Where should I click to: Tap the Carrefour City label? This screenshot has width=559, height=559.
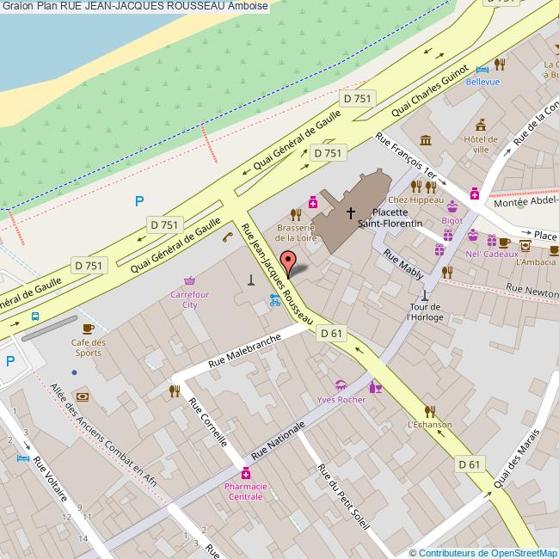[x=189, y=299]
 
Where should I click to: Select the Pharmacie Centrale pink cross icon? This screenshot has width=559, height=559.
[x=245, y=474]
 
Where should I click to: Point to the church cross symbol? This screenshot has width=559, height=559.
[x=350, y=211]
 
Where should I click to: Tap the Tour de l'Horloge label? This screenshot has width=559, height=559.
[x=424, y=311]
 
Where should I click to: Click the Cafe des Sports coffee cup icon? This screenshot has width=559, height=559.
[x=88, y=329]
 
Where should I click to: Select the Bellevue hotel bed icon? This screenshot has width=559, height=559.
[x=482, y=68]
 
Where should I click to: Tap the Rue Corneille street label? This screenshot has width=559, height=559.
[x=208, y=421]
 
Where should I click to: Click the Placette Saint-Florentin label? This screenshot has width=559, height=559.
[x=396, y=217]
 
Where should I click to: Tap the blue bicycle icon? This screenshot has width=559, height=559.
[x=275, y=300]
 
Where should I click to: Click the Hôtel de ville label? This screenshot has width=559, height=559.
[x=480, y=144]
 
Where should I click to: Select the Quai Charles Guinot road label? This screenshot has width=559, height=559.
[x=429, y=91]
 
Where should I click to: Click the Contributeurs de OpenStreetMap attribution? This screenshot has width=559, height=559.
[x=482, y=552]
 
